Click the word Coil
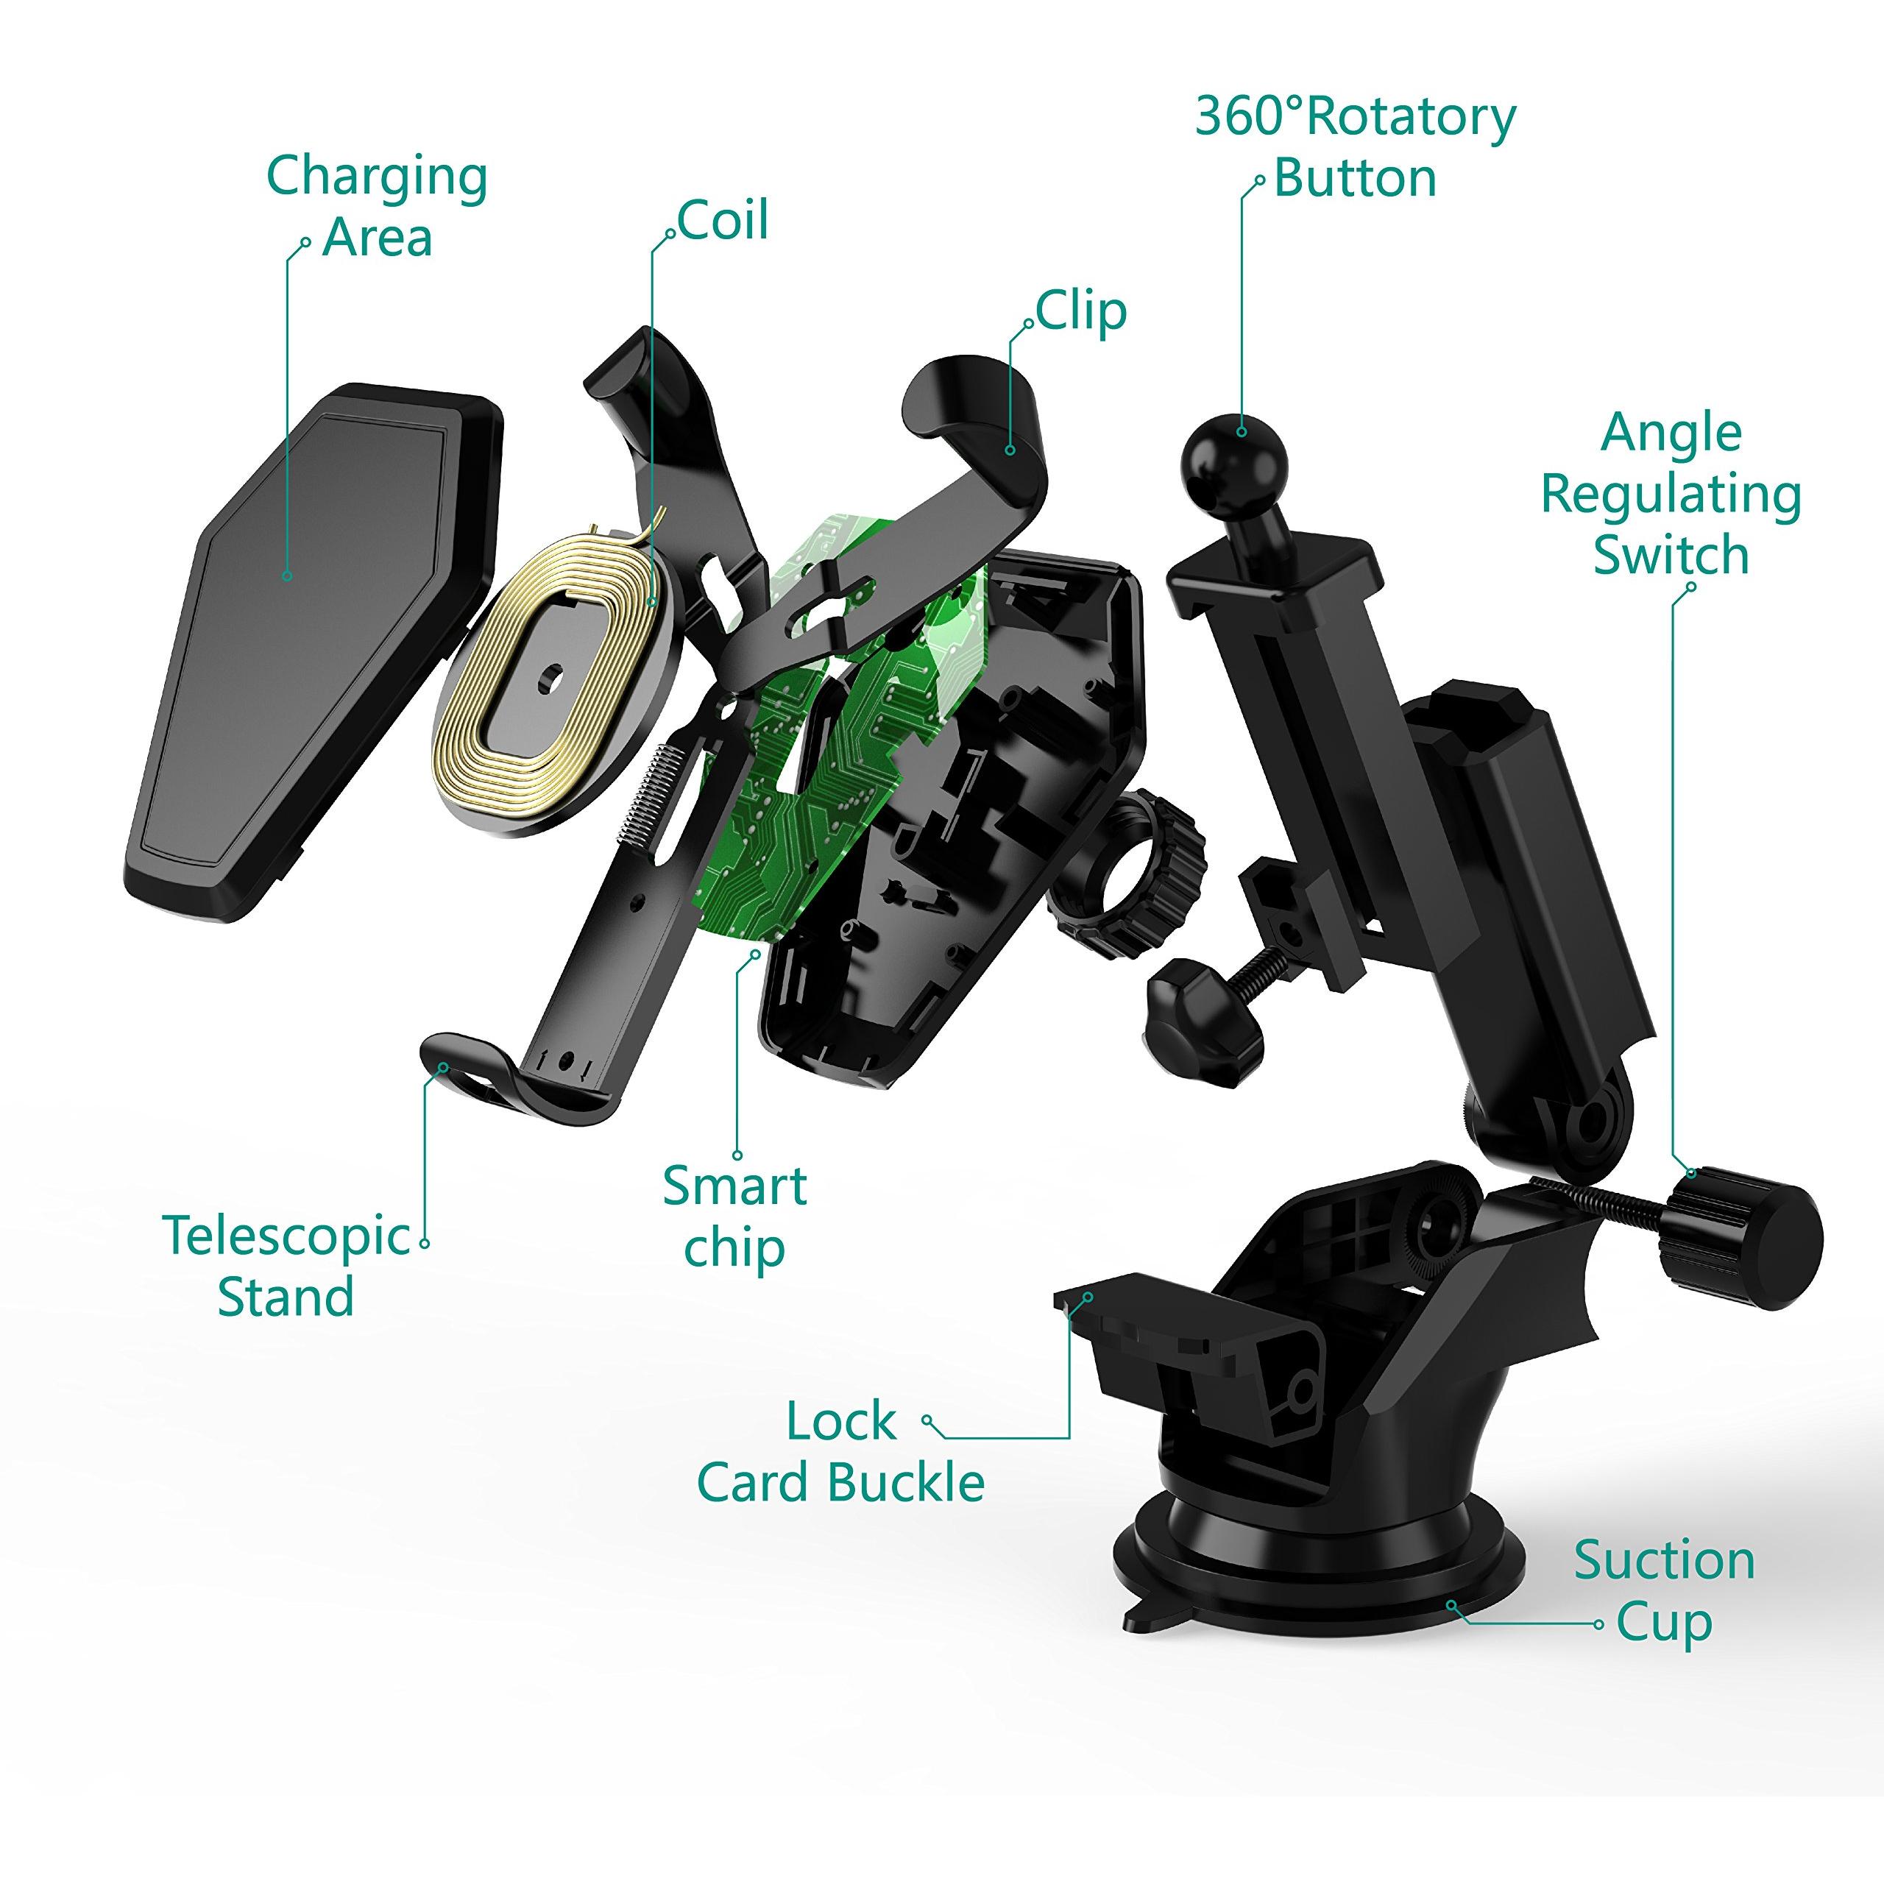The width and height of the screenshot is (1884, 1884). tap(723, 220)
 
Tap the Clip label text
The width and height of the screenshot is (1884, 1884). tap(1081, 313)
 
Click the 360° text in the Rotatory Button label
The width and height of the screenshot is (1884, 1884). tap(1249, 117)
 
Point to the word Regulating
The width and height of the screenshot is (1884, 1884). tap(1671, 495)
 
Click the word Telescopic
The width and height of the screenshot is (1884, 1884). tap(287, 1236)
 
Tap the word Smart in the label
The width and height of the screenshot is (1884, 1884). tap(734, 1186)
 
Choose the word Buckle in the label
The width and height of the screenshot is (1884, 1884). tap(909, 1483)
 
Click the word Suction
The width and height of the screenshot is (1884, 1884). tap(1664, 1560)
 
